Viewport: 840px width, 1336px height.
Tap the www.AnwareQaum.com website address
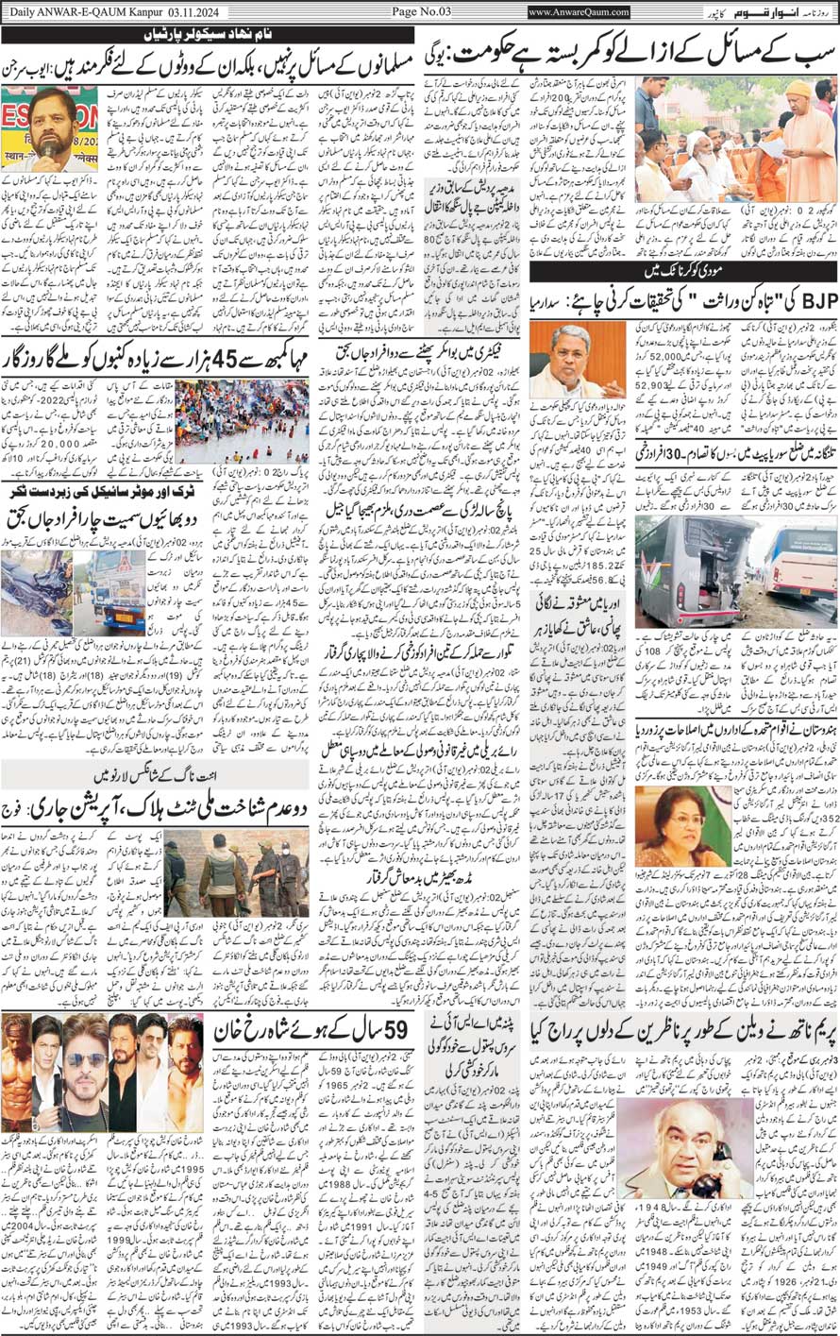click(579, 12)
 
